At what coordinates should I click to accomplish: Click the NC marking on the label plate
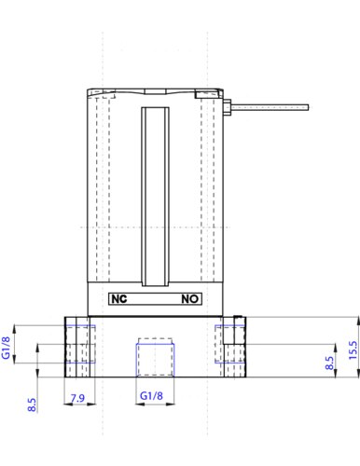pyautogui.click(x=119, y=299)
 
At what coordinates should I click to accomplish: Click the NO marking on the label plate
pyautogui.click(x=190, y=299)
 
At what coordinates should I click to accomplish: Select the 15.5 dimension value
pyautogui.click(x=353, y=350)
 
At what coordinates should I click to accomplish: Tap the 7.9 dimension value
pyautogui.click(x=77, y=398)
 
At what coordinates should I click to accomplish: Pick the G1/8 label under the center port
pyautogui.click(x=151, y=396)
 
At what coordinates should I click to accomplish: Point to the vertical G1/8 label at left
pyautogui.click(x=7, y=348)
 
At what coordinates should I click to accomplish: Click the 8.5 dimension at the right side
pyautogui.click(x=329, y=363)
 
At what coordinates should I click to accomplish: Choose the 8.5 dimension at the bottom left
pyautogui.click(x=32, y=404)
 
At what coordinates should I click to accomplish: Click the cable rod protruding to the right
pyautogui.click(x=270, y=107)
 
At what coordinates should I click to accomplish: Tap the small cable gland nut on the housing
pyautogui.click(x=227, y=107)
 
